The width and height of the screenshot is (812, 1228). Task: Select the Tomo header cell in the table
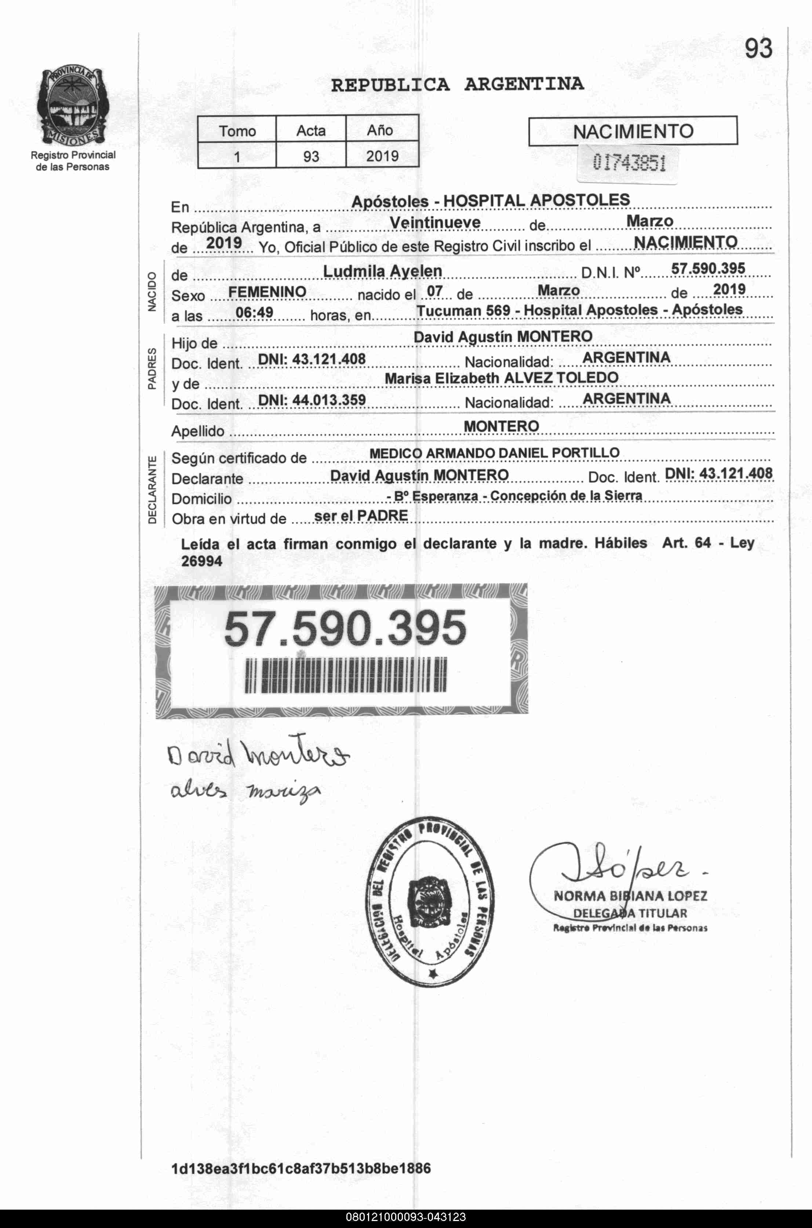[237, 131]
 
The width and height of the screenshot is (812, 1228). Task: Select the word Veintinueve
[435, 222]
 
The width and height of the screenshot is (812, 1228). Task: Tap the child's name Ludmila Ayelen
[382, 271]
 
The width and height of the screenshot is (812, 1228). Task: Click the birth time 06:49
[254, 312]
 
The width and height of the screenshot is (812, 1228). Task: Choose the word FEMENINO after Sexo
[267, 292]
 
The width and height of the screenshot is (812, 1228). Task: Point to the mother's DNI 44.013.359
[312, 399]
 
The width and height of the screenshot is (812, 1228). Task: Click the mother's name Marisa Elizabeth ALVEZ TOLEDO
[501, 378]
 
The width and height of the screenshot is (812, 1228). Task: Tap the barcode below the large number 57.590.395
[345, 675]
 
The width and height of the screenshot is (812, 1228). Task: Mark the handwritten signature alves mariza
[245, 791]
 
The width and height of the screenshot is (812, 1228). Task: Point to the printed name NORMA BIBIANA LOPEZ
[630, 896]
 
